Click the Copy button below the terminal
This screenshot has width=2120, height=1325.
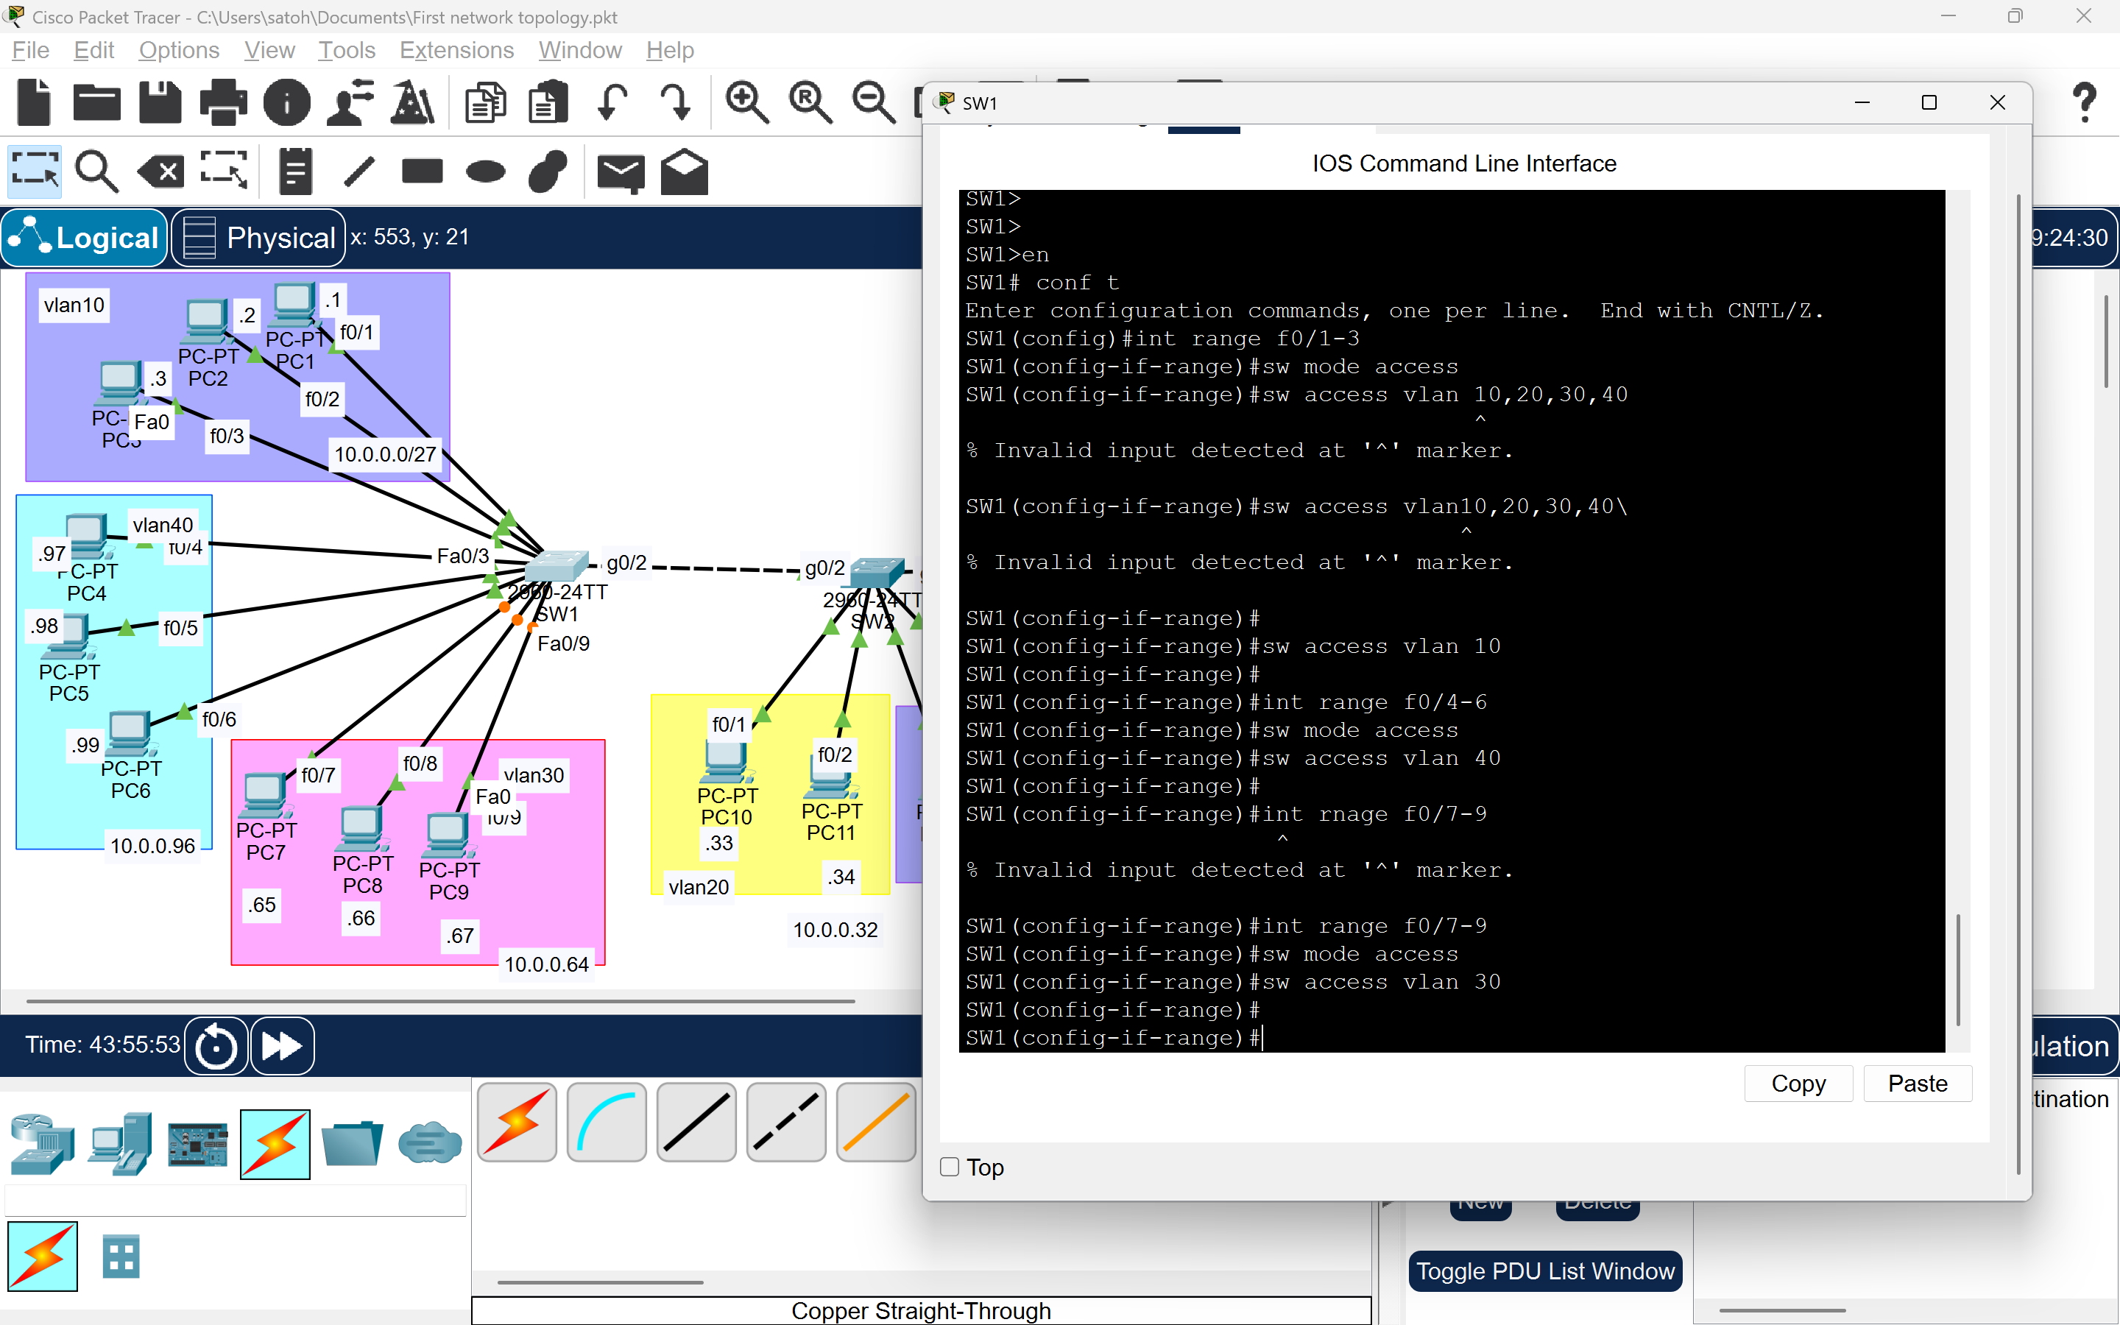click(1798, 1084)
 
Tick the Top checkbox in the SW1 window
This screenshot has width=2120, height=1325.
click(950, 1167)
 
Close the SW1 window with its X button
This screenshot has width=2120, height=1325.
click(1997, 102)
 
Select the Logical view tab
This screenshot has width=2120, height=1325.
click(85, 238)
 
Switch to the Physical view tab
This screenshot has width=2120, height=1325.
click(258, 238)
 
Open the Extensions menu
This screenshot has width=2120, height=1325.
click(456, 50)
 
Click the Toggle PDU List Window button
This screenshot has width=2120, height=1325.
click(1544, 1271)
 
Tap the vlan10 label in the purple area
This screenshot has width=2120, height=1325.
click(74, 305)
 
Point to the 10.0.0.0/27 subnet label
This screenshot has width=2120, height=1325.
click(386, 454)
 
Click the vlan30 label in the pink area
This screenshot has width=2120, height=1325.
click(534, 774)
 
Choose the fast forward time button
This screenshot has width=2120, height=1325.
click(282, 1045)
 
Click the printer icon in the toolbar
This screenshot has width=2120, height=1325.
click(223, 102)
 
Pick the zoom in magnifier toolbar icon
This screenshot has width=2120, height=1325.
click(746, 102)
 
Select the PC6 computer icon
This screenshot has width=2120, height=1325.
click(130, 732)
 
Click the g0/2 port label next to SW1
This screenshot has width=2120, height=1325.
click(626, 562)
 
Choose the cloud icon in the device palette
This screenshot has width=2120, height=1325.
click(429, 1142)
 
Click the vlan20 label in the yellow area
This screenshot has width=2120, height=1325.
click(698, 887)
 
